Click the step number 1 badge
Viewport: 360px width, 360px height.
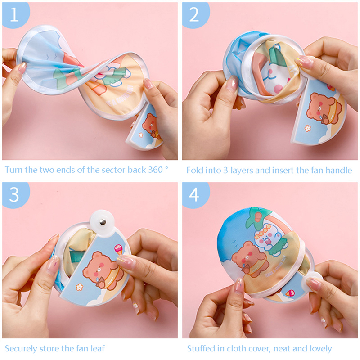tap(15, 15)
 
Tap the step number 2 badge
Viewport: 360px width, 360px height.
tap(195, 15)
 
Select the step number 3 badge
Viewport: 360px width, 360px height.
tap(15, 195)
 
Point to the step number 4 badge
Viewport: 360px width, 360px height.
tap(195, 195)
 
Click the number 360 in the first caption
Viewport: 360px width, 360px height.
tap(155, 170)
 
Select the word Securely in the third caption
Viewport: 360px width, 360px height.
tap(21, 349)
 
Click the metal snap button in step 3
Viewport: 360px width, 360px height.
tap(103, 222)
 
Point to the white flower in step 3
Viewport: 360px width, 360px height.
tap(80, 287)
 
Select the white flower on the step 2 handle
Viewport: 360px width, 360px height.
tap(308, 128)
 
